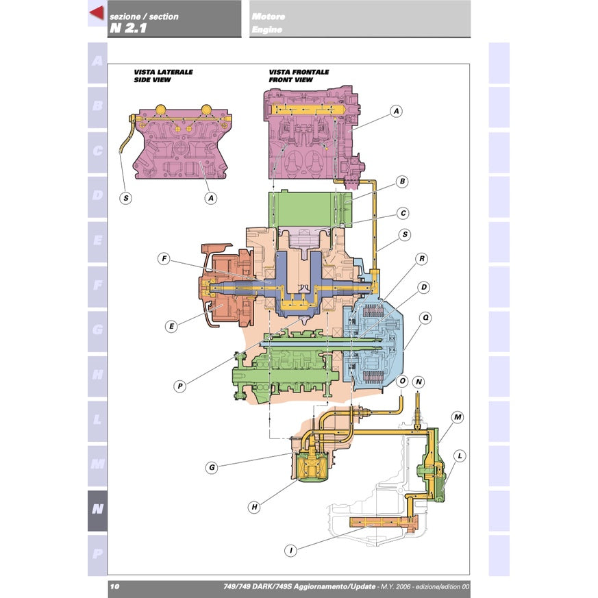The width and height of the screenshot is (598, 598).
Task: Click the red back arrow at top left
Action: (97, 12)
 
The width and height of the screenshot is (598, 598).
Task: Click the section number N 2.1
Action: (128, 28)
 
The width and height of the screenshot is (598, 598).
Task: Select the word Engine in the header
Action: (266, 29)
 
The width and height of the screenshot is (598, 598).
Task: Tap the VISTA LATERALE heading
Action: (163, 72)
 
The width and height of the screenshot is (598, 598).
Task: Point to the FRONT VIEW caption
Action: (290, 79)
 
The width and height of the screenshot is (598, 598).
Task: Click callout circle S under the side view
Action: (126, 199)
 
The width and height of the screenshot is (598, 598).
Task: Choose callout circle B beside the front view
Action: (402, 182)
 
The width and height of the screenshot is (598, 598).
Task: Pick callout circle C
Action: (403, 213)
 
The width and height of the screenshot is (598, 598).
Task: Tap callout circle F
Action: (164, 259)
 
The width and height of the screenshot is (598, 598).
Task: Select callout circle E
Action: (171, 327)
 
